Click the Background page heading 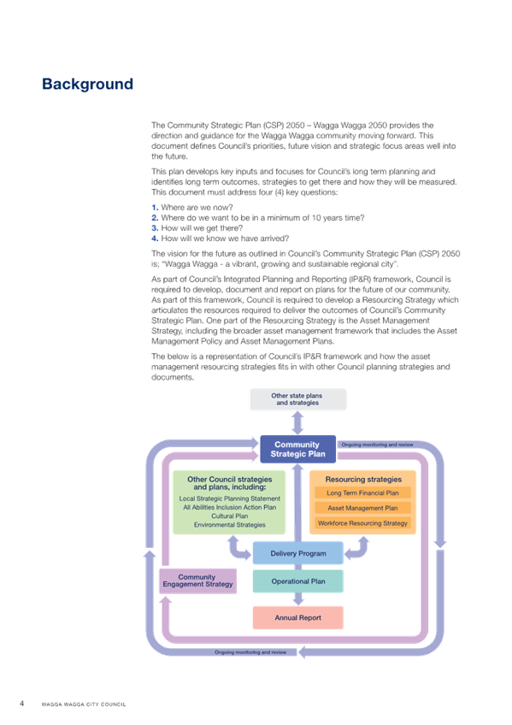[87, 84]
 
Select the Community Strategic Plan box [298, 449]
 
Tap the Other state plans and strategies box [298, 399]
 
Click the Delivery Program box [298, 553]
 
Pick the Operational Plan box [298, 581]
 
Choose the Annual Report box [298, 618]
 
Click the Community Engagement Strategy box [197, 581]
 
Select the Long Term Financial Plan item [362, 493]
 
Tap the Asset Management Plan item [362, 508]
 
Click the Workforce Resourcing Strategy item [362, 523]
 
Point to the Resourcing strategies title [363, 480]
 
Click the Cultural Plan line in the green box [230, 516]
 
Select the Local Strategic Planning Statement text [230, 498]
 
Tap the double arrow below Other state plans [298, 422]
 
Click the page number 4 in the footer [21, 704]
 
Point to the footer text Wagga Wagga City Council [84, 704]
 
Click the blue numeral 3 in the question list [155, 228]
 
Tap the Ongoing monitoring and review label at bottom [250, 652]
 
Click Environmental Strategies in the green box [230, 525]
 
